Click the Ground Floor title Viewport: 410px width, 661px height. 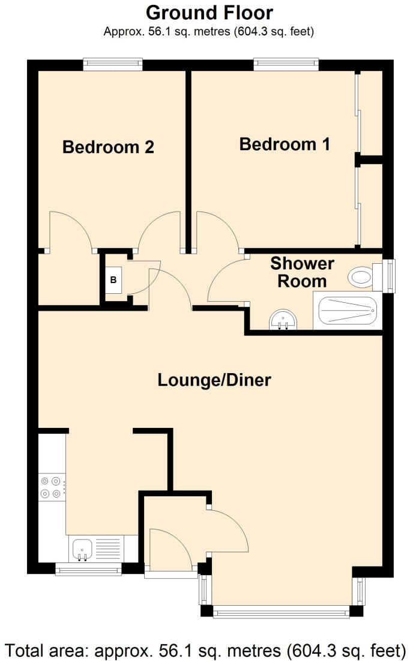210,12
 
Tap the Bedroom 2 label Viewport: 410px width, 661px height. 108,147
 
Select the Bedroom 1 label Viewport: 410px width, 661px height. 285,144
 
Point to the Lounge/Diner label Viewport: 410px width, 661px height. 214,380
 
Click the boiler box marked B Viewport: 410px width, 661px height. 113,279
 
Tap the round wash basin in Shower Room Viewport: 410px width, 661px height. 283,320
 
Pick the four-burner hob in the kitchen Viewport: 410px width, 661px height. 51,487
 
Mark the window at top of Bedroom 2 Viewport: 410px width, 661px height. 113,64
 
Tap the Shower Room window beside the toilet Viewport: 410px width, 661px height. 392,276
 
